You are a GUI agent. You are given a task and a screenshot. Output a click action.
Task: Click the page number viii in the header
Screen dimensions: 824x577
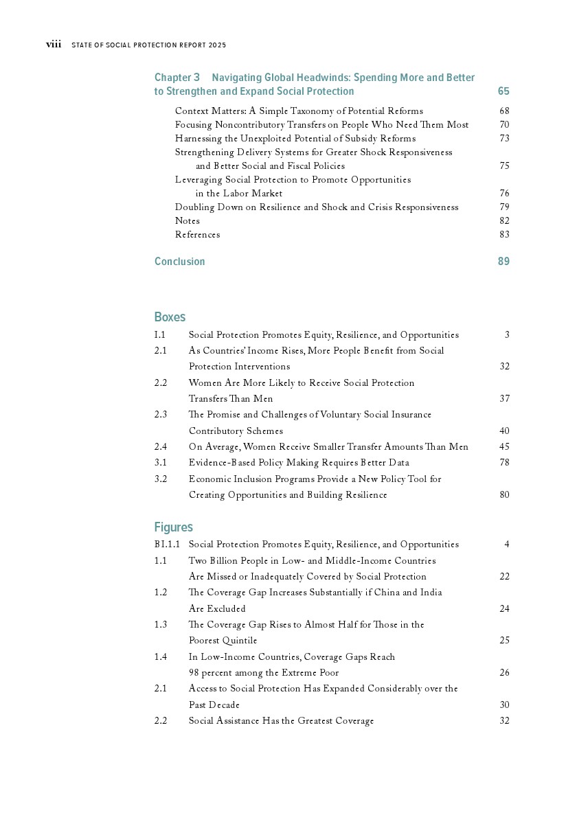(x=54, y=45)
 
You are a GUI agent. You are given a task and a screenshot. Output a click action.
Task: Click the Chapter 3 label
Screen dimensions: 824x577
(x=177, y=78)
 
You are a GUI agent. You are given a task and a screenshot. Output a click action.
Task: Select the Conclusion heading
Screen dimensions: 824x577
(x=179, y=262)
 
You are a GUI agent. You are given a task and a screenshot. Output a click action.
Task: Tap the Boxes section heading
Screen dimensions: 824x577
(x=170, y=317)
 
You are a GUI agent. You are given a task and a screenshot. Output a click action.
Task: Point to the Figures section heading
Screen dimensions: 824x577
(x=173, y=527)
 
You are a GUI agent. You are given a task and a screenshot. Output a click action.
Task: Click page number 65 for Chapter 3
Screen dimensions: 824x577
(x=504, y=91)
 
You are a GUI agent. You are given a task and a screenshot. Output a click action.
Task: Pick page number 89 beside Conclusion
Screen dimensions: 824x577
(x=504, y=262)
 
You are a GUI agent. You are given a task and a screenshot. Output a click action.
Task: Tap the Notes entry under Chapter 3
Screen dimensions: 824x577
(x=188, y=221)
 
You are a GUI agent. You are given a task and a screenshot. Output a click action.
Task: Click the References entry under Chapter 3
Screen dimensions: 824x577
(x=197, y=235)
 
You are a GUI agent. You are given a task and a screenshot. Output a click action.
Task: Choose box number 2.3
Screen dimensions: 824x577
(x=161, y=415)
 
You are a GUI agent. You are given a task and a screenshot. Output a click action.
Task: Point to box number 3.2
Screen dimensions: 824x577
(x=161, y=479)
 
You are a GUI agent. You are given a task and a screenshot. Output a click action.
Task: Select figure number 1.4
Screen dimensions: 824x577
(x=161, y=657)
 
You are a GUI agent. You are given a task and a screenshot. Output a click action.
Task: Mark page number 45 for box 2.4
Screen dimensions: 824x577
(x=504, y=447)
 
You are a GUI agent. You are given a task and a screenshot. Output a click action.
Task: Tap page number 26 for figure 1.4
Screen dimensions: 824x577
(x=504, y=673)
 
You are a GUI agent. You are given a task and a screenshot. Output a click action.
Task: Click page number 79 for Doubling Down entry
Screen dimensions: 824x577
(x=504, y=207)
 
